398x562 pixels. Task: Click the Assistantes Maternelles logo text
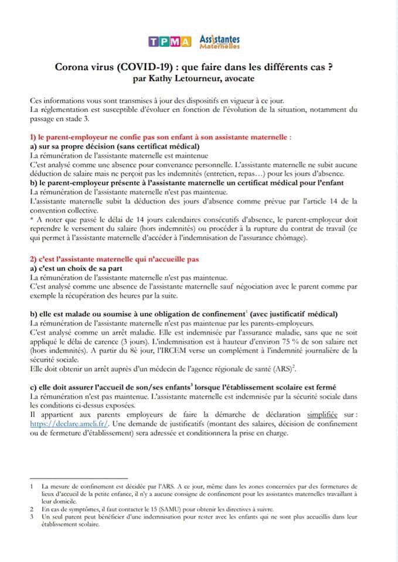(219, 40)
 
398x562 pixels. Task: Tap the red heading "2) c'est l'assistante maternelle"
(114, 259)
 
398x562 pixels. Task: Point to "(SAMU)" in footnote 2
(165, 509)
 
